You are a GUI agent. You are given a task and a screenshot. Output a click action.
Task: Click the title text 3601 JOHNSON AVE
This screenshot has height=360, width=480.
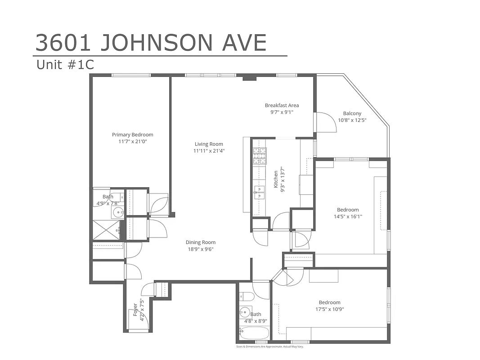click(151, 43)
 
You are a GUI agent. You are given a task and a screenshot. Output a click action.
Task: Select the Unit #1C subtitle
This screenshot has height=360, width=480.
click(65, 65)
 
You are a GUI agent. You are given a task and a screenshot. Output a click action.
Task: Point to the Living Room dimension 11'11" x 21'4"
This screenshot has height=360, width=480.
click(209, 151)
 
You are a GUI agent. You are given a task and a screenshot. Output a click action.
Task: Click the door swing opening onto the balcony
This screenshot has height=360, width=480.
click(326, 122)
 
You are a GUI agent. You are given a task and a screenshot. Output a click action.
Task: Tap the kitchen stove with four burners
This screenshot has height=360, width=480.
click(259, 155)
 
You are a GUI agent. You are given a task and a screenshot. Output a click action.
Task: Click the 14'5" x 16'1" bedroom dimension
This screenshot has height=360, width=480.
click(348, 216)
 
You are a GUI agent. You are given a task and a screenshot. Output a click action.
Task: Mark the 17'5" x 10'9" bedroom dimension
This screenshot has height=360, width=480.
click(329, 309)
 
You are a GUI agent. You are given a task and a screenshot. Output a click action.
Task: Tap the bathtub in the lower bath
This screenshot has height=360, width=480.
click(254, 334)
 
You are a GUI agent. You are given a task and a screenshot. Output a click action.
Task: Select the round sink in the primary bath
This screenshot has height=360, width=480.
click(118, 212)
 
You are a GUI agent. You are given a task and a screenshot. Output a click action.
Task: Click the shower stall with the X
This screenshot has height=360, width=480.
click(106, 229)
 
